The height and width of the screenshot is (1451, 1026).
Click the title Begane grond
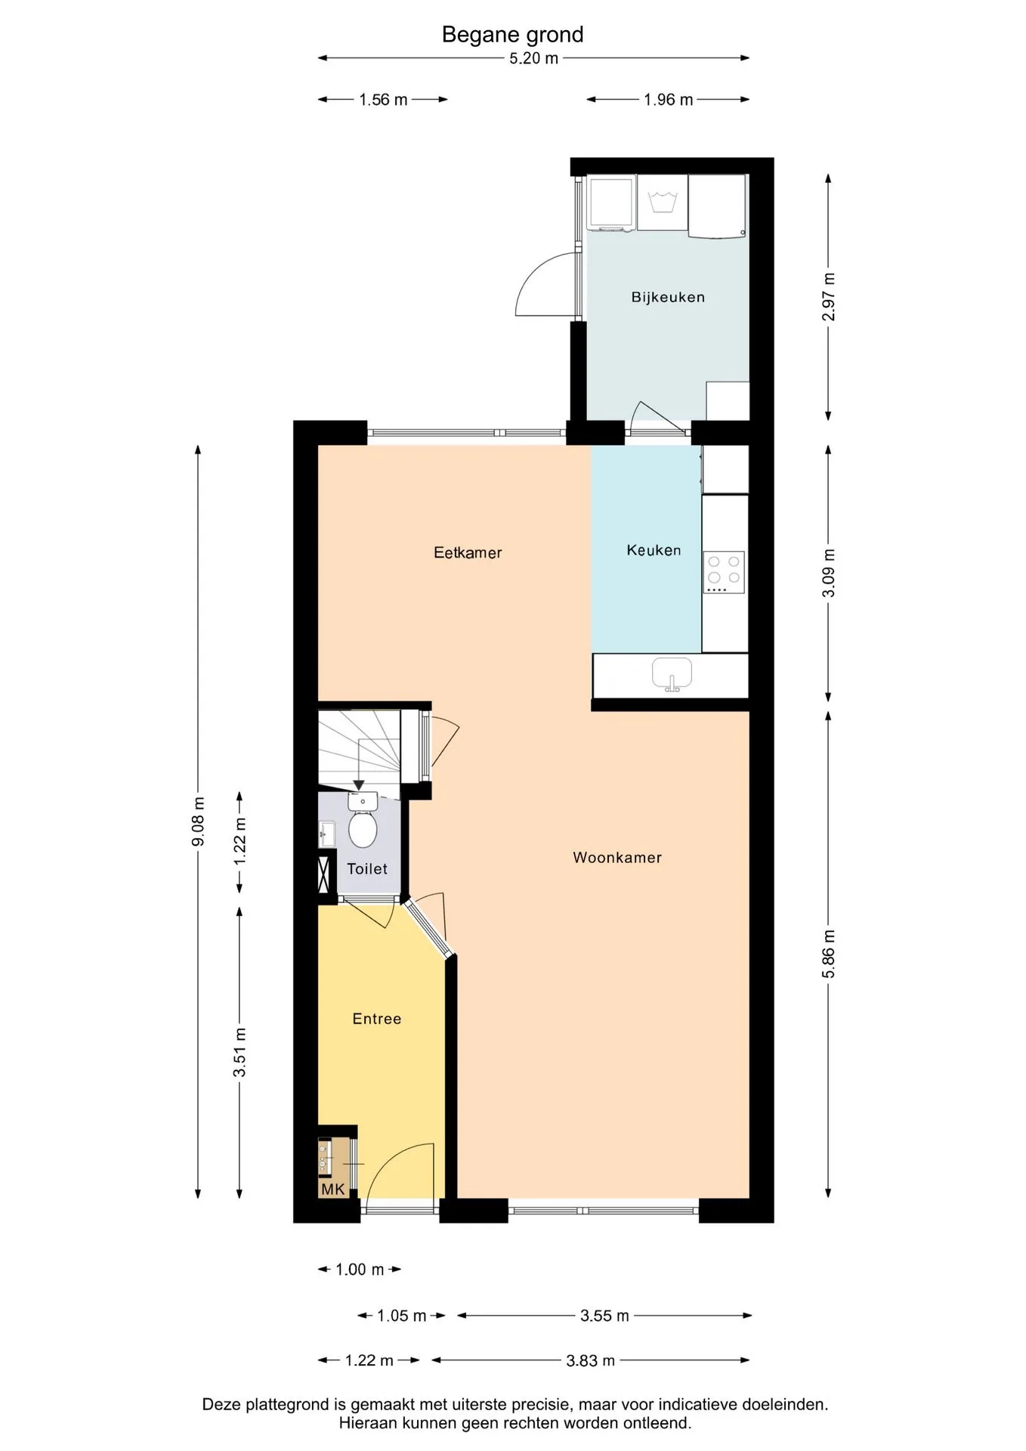point(512,35)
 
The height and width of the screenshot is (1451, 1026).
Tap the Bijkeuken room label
point(668,297)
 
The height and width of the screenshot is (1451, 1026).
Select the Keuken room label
point(654,550)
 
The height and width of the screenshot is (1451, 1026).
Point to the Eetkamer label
point(468,552)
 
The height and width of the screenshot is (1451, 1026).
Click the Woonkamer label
point(617,857)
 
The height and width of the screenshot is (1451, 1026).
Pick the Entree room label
point(377,1019)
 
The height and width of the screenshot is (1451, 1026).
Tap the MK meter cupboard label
point(332,1190)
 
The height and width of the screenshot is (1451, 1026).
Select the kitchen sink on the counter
point(672,674)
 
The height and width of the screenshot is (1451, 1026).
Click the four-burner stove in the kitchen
point(724,572)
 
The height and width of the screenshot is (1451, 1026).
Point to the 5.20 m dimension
point(533,58)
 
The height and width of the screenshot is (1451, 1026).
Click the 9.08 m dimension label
point(199,821)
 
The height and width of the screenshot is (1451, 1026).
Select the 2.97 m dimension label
point(829,297)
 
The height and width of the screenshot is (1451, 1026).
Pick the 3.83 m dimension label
point(591,1360)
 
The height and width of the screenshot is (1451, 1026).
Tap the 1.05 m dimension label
point(402,1316)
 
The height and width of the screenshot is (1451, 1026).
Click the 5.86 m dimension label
point(829,954)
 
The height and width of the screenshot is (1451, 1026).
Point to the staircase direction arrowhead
point(359,785)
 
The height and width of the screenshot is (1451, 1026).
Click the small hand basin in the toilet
point(326,834)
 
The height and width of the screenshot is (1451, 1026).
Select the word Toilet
point(367,868)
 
